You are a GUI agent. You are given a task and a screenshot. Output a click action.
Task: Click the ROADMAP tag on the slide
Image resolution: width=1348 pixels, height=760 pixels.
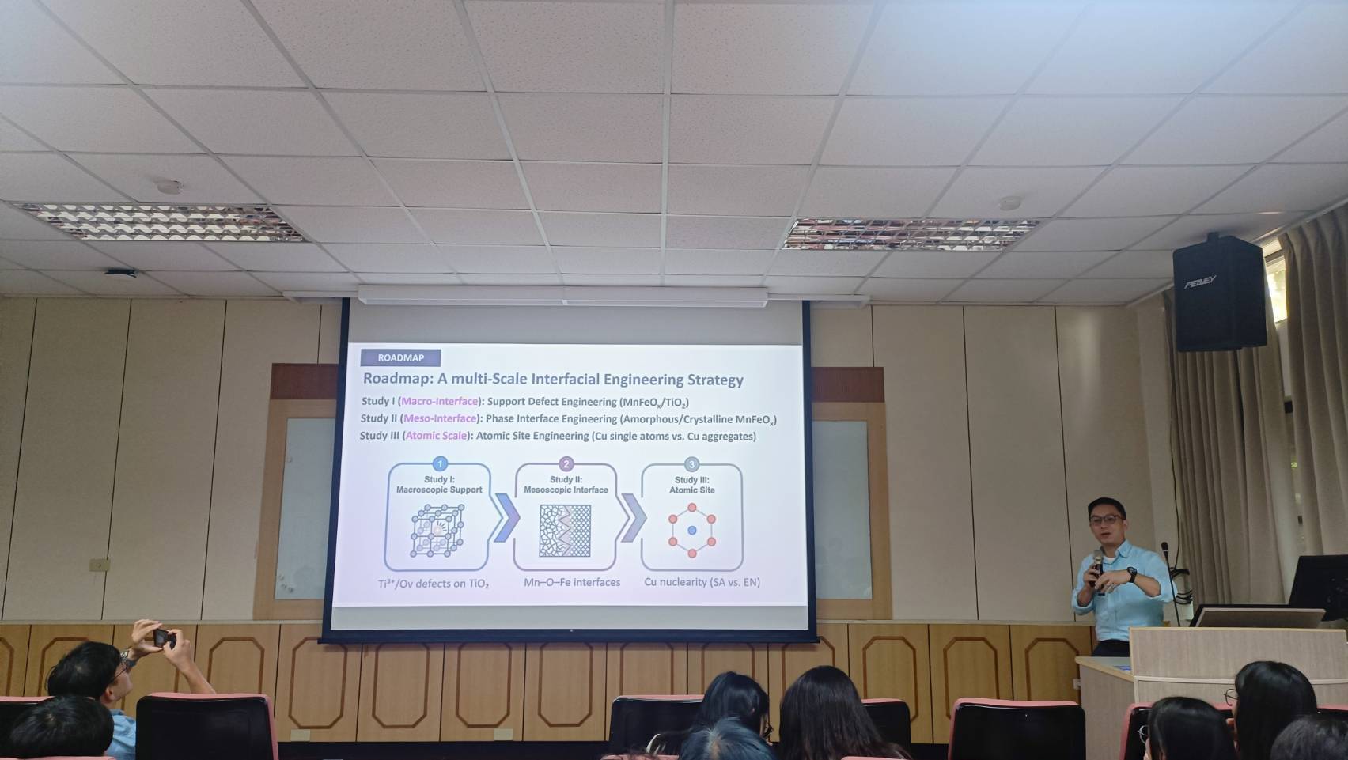[x=400, y=358]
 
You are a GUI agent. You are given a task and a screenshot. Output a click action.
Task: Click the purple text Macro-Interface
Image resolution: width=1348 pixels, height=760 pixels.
[x=440, y=402]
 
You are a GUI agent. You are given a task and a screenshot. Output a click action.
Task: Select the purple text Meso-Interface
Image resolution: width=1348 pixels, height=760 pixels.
[x=440, y=418]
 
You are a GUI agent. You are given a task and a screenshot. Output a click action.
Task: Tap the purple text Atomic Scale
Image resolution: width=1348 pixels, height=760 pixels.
[x=437, y=436]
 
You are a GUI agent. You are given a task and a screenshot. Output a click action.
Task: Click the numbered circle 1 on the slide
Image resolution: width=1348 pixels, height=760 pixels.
[x=440, y=464]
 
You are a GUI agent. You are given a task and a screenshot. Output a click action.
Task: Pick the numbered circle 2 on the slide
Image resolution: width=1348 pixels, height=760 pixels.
[x=566, y=464]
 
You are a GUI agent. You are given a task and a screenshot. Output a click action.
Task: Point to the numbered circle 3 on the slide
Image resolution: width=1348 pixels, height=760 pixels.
[x=692, y=464]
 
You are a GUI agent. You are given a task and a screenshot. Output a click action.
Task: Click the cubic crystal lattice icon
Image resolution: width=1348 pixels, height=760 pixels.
[x=437, y=531]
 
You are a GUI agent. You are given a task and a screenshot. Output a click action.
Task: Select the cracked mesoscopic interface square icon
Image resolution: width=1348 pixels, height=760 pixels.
[x=565, y=531]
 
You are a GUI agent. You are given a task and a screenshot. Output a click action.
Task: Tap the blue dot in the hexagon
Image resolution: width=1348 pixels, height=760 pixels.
[x=692, y=531]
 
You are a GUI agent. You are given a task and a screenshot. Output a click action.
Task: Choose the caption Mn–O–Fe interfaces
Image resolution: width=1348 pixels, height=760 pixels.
[x=572, y=583]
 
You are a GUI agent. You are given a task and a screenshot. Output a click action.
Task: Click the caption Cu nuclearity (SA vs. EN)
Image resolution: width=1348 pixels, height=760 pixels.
[x=702, y=583]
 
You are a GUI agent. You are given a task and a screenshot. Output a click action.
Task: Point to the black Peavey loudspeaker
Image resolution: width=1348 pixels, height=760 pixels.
[x=1219, y=293]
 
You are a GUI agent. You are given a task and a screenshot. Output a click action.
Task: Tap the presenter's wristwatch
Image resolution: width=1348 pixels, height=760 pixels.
[x=1132, y=575]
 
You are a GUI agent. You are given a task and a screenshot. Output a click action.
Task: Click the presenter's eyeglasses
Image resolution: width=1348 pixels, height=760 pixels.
[x=1106, y=519]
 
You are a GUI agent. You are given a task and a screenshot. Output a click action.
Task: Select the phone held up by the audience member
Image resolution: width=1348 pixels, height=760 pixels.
[x=161, y=638]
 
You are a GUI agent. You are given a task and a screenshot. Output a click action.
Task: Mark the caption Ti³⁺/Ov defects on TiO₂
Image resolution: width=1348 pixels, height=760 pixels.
[x=434, y=584]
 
